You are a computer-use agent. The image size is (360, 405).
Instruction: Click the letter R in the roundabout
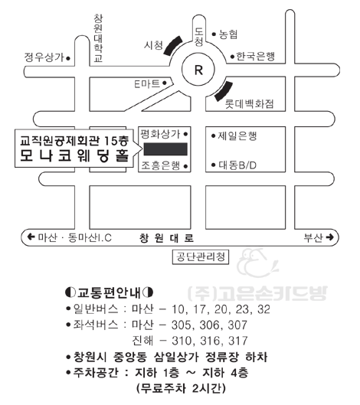pyautogui.click(x=198, y=70)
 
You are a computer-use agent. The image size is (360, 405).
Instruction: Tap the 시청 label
pyautogui.click(x=153, y=45)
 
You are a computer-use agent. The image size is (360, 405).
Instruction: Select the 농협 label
pyautogui.click(x=228, y=34)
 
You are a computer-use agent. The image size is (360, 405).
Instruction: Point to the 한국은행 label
pyautogui.click(x=256, y=57)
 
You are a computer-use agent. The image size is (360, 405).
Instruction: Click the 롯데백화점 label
pyautogui.click(x=249, y=104)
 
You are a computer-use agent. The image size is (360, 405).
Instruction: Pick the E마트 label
pyautogui.click(x=147, y=83)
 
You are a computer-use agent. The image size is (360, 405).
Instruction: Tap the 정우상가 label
pyautogui.click(x=44, y=57)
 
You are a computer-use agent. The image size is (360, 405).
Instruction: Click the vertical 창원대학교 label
pyautogui.click(x=98, y=38)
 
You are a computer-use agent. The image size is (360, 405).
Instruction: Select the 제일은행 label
pyautogui.click(x=237, y=136)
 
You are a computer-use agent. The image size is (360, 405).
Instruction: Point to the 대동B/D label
pyautogui.click(x=237, y=165)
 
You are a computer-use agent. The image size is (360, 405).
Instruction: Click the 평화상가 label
pyautogui.click(x=160, y=134)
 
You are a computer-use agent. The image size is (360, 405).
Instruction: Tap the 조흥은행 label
pyautogui.click(x=161, y=165)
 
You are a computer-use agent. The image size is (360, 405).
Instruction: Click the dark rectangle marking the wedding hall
pyautogui.click(x=165, y=149)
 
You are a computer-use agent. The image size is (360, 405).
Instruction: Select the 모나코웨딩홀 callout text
pyautogui.click(x=74, y=155)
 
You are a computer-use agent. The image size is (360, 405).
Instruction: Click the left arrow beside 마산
pyautogui.click(x=31, y=237)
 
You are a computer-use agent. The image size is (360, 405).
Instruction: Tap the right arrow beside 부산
pyautogui.click(x=330, y=237)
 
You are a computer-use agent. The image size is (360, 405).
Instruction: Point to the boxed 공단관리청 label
pyautogui.click(x=201, y=257)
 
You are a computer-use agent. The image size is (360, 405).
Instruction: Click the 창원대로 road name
pyautogui.click(x=167, y=238)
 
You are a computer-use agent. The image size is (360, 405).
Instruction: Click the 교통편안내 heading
pyautogui.click(x=109, y=292)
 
